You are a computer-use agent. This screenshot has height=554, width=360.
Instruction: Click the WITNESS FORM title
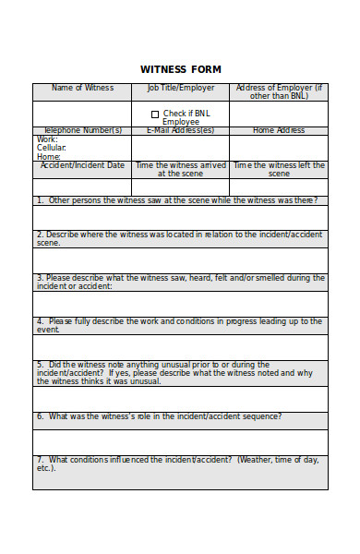pyautogui.click(x=180, y=69)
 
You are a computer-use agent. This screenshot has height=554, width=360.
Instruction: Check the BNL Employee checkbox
pyautogui.click(x=155, y=114)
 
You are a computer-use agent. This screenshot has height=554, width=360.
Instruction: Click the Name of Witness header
pyautogui.click(x=82, y=88)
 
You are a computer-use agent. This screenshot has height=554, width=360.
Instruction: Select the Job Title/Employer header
pyautogui.click(x=180, y=88)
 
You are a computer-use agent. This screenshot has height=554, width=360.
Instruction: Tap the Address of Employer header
pyautogui.click(x=279, y=91)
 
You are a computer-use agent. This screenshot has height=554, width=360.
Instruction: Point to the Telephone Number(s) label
pyautogui.click(x=82, y=130)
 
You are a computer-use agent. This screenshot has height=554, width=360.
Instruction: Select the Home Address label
pyautogui.click(x=279, y=130)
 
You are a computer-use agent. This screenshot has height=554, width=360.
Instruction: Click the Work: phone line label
pyautogui.click(x=47, y=138)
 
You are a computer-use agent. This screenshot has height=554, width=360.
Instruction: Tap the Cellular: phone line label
pyautogui.click(x=52, y=148)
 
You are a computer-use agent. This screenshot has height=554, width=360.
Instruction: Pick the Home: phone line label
pyautogui.click(x=49, y=157)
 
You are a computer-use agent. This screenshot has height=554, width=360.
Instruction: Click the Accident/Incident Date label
pyautogui.click(x=82, y=165)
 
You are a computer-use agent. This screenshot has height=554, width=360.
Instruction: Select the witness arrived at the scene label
pyautogui.click(x=180, y=169)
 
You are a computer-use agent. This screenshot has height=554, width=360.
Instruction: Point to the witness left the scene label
pyautogui.click(x=279, y=169)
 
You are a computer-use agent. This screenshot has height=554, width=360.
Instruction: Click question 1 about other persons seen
pyautogui.click(x=177, y=199)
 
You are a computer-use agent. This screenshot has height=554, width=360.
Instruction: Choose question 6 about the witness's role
pyautogui.click(x=160, y=415)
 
